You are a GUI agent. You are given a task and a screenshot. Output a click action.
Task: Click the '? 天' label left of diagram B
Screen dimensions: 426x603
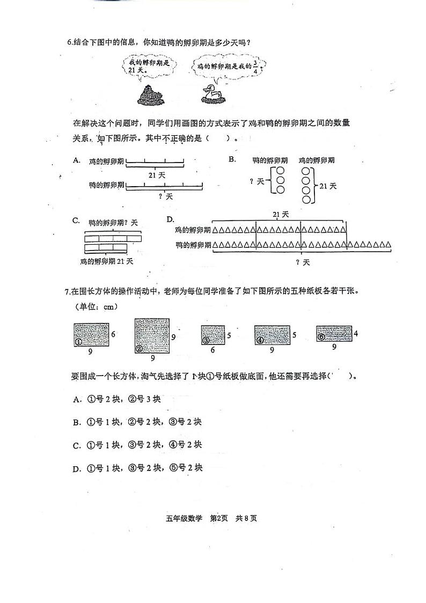257,181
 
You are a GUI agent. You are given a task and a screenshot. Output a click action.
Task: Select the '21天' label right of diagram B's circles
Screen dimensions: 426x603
327,186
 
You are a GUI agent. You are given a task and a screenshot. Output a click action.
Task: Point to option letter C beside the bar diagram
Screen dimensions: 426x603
76,221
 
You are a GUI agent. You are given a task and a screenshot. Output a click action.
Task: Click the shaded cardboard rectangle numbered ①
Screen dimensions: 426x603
91,335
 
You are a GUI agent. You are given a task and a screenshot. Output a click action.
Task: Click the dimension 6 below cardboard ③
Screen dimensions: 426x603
212,350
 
